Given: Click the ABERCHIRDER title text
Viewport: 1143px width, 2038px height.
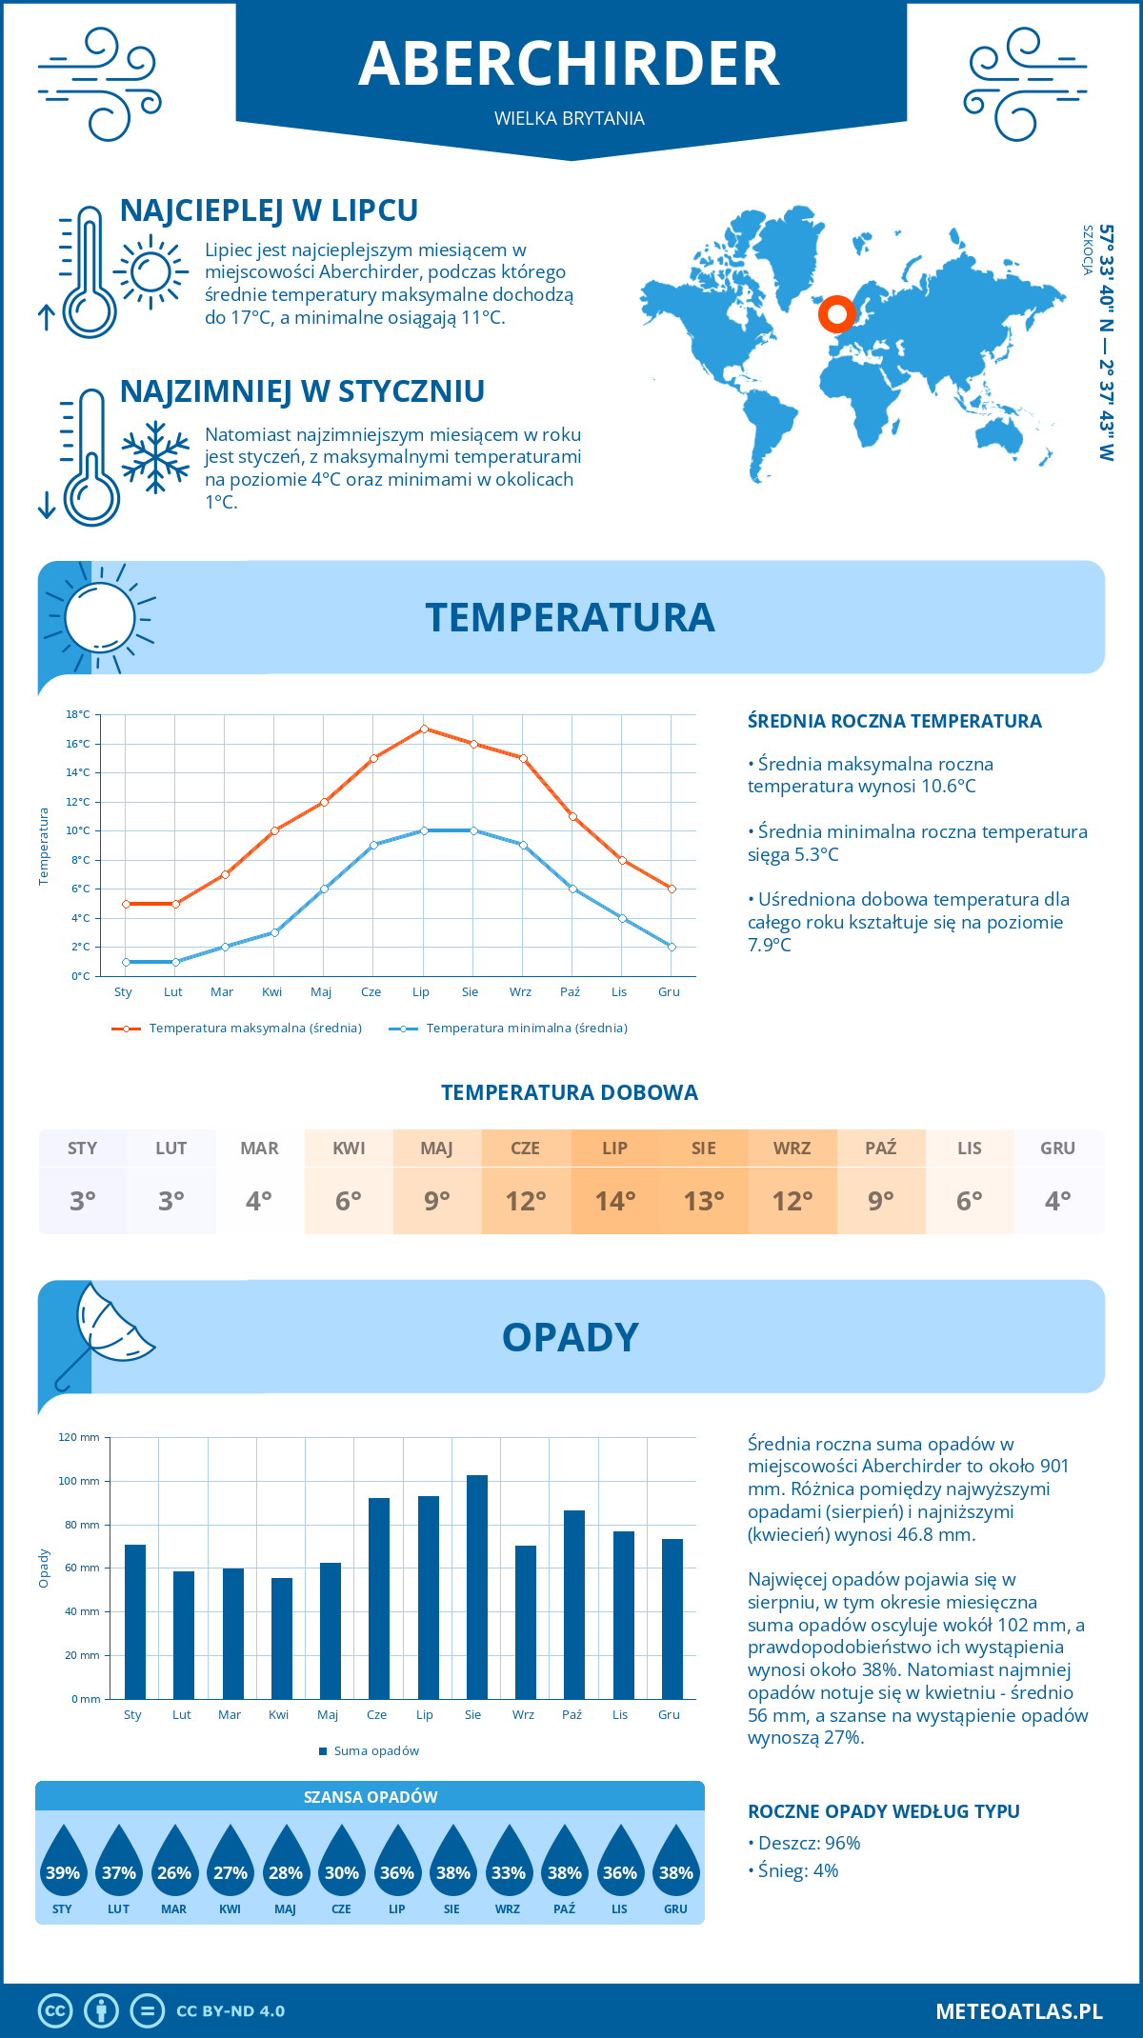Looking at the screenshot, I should (570, 64).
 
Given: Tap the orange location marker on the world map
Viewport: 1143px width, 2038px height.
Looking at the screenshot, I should (836, 313).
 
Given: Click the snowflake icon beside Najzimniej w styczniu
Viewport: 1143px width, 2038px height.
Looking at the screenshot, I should (155, 457).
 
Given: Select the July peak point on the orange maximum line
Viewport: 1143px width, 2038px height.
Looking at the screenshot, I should (424, 729).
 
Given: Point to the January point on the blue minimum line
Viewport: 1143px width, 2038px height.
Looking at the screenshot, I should (126, 962).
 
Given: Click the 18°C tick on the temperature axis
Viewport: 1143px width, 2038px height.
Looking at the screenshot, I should (78, 714).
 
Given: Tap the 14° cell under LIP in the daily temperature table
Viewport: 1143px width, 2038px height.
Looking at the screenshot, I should (614, 1201).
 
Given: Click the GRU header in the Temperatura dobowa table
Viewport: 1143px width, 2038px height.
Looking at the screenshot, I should (1057, 1149).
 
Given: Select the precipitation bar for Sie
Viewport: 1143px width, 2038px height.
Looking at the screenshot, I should (476, 1587).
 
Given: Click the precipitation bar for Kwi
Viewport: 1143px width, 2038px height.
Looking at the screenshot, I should (281, 1638).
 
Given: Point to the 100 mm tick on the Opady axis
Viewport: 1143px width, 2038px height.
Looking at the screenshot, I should (79, 1481).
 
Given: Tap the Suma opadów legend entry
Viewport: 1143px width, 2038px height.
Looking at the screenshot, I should (375, 1751).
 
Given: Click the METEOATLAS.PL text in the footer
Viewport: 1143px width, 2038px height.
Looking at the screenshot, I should (1018, 2011).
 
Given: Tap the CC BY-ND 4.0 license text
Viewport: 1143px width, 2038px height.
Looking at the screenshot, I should (231, 2011).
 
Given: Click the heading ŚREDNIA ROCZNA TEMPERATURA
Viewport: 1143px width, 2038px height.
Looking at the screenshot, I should (894, 722).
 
